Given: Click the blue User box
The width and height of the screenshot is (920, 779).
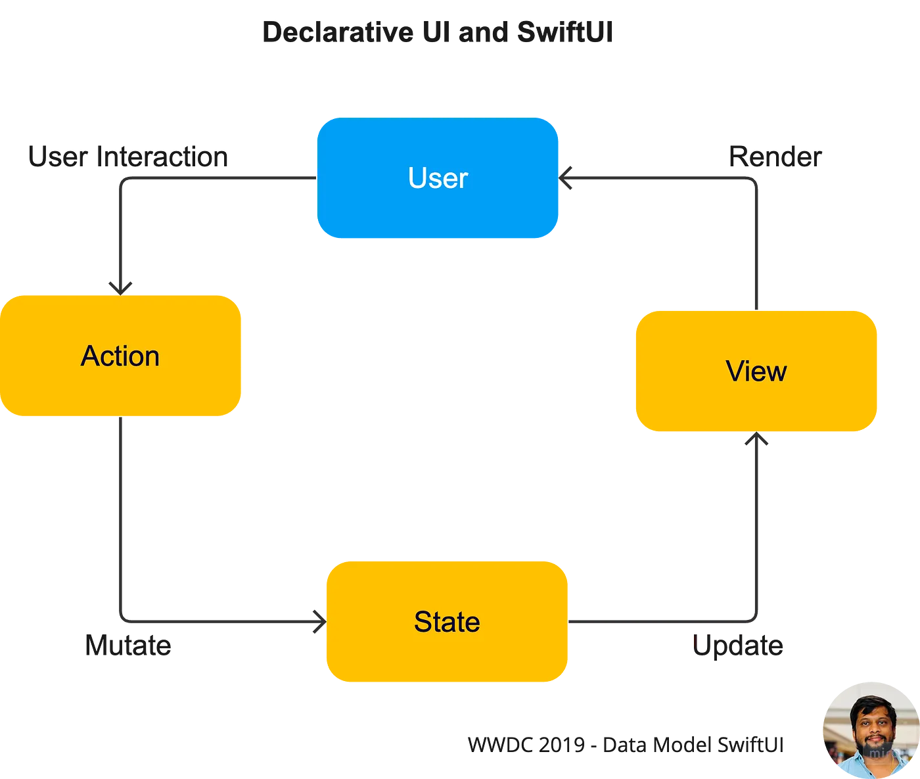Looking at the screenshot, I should pos(438,178).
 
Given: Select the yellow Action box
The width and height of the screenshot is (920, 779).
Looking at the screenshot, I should pos(121,356).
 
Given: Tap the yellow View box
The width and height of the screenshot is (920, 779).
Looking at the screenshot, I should pos(756,371).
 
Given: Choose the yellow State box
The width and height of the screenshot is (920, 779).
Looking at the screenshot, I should pos(447,622).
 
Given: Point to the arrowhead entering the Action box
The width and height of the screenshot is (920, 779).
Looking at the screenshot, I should pos(121,287).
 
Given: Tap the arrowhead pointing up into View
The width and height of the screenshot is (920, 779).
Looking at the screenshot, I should pos(756,440).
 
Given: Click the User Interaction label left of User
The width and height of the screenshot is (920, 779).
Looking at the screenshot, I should pos(129,157).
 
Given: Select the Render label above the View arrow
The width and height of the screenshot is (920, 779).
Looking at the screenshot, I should pos(774,157).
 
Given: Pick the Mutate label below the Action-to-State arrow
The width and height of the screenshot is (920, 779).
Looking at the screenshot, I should pos(129,646).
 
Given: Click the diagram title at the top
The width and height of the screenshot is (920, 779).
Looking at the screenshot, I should pos(436,34).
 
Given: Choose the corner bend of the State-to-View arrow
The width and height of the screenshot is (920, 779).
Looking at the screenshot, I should pos(756,619).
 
